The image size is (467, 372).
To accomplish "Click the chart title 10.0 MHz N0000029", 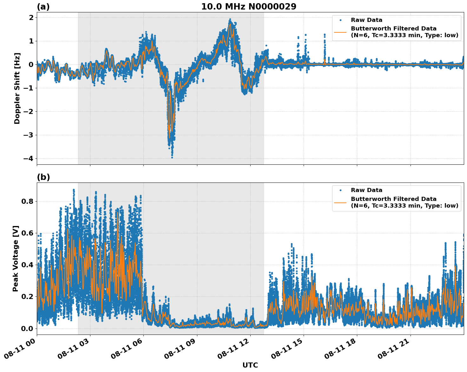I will pyautogui.click(x=248, y=7).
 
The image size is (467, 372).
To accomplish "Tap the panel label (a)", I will pyautogui.click(x=43, y=7).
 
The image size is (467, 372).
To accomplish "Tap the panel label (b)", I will pyautogui.click(x=43, y=177).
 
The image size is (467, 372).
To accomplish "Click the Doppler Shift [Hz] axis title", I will pyautogui.click(x=17, y=88).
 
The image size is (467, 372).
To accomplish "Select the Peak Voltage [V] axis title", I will pyautogui.click(x=16, y=258).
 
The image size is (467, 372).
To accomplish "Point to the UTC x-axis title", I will pyautogui.click(x=250, y=365).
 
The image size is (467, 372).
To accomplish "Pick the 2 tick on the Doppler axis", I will pyautogui.click(x=31, y=17).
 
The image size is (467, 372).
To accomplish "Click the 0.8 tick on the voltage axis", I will pyautogui.click(x=27, y=201).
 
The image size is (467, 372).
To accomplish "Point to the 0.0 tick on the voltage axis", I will pyautogui.click(x=27, y=328).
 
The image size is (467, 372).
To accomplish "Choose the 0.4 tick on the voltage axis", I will pyautogui.click(x=27, y=265).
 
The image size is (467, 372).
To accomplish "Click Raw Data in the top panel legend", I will pyautogui.click(x=366, y=20).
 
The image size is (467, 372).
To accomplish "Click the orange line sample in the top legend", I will pyautogui.click(x=340, y=32).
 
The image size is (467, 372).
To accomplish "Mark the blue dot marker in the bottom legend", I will pyautogui.click(x=340, y=190).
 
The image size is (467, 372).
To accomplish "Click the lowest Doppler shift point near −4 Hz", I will pyautogui.click(x=172, y=157).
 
